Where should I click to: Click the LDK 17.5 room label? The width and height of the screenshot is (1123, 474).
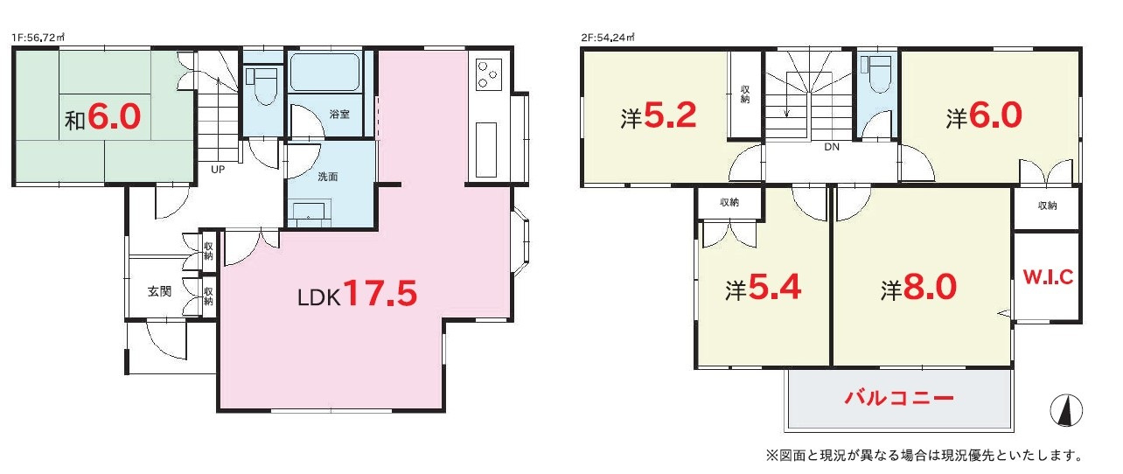tap(357, 294)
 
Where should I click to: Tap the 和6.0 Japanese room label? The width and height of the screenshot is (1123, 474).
tap(103, 117)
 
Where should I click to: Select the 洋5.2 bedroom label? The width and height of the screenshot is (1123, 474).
tap(659, 115)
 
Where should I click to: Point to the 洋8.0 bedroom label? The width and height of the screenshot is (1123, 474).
tap(918, 288)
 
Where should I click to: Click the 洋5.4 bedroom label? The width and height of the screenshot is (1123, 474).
tap(763, 288)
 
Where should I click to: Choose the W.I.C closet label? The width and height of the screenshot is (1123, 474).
tap(1048, 277)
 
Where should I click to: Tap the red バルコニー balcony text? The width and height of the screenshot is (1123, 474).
tap(899, 398)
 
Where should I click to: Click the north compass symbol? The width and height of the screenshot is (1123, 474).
tap(1066, 410)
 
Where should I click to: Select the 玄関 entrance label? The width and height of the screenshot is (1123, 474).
tap(159, 291)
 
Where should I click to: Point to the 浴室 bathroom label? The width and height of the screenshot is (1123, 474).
tap(339, 115)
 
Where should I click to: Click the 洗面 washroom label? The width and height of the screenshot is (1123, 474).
tap(328, 177)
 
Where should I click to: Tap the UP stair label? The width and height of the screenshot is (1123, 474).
tap(218, 170)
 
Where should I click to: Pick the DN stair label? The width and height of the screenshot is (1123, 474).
tap(832, 147)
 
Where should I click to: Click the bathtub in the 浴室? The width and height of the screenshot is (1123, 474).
tap(324, 73)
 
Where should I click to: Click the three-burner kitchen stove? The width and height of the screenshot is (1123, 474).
tap(489, 74)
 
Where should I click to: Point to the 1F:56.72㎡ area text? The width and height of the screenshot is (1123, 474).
tap(38, 38)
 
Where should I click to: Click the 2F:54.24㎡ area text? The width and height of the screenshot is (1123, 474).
tap(608, 38)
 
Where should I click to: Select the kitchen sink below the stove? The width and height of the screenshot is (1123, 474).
tap(485, 150)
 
